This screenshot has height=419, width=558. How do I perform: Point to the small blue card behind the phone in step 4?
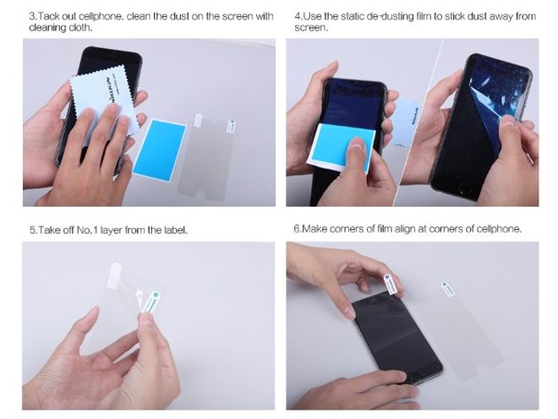[409, 113]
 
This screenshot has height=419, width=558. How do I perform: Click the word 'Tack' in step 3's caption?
[52, 16]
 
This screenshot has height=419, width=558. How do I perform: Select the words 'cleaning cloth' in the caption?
[60, 28]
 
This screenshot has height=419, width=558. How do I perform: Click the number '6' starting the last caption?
[297, 229]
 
